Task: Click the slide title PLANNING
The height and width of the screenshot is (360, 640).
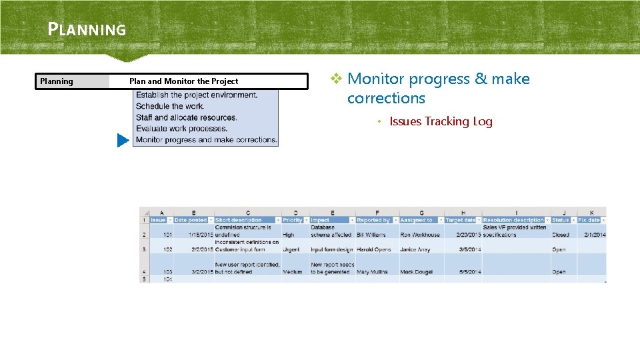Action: click(87, 29)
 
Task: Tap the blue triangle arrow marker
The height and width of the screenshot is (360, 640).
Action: click(122, 141)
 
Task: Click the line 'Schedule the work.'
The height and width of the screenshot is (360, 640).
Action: click(170, 107)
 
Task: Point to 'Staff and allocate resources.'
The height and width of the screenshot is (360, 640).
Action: click(186, 118)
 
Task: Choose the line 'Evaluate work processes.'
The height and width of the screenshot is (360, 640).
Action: click(181, 129)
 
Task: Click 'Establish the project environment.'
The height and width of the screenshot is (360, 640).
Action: click(196, 95)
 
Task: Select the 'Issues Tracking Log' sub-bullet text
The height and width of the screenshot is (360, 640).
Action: click(441, 121)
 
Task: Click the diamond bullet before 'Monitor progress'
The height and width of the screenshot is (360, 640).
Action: click(337, 79)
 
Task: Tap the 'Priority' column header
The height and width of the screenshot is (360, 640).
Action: click(292, 220)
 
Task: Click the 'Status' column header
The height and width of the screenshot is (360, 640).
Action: click(561, 220)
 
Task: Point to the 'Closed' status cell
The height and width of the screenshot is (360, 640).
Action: click(560, 235)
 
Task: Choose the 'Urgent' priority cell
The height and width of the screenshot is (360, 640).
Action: click(291, 250)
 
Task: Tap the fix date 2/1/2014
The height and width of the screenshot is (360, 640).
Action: click(593, 235)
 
